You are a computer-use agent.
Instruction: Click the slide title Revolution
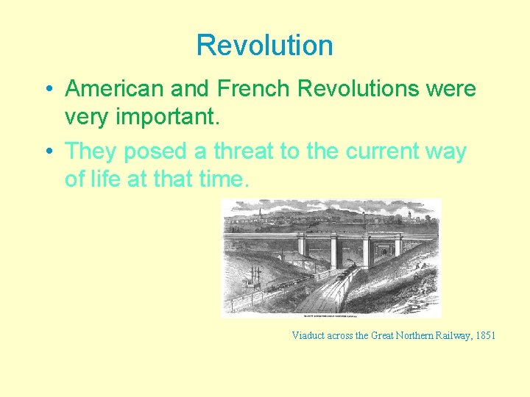[x=264, y=46]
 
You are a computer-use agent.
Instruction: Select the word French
[x=252, y=90]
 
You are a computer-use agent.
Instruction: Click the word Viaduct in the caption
[x=309, y=336]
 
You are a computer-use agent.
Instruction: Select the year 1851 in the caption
[x=484, y=336]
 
